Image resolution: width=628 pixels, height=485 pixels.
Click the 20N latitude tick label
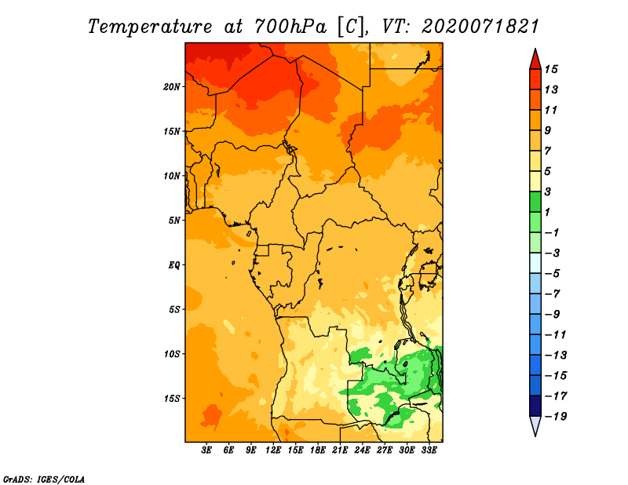point(172,87)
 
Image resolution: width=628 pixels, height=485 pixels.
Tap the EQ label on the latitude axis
point(174,265)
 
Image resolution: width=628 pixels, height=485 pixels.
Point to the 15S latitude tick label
point(172,399)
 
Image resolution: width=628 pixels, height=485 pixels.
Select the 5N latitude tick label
point(174,221)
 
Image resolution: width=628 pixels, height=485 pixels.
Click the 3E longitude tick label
point(206,450)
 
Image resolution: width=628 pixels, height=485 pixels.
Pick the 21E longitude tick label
point(340,450)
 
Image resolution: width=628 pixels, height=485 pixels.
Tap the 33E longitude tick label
point(429,450)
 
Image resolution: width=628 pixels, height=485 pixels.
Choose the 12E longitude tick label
point(273,450)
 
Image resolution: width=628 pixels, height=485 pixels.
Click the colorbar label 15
point(551,69)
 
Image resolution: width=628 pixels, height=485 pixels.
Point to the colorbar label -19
point(556,417)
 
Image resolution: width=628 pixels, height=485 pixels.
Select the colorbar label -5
point(553,274)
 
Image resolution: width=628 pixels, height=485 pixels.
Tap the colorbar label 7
point(548,151)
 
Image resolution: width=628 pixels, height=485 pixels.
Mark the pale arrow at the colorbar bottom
point(535,425)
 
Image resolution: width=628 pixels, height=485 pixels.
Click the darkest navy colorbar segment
point(535,406)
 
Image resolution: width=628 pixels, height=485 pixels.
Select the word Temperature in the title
point(150,27)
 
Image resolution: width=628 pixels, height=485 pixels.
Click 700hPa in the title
point(290,27)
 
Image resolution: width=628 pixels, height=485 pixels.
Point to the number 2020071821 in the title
point(480,27)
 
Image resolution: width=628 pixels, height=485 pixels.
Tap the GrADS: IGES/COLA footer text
point(44,480)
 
